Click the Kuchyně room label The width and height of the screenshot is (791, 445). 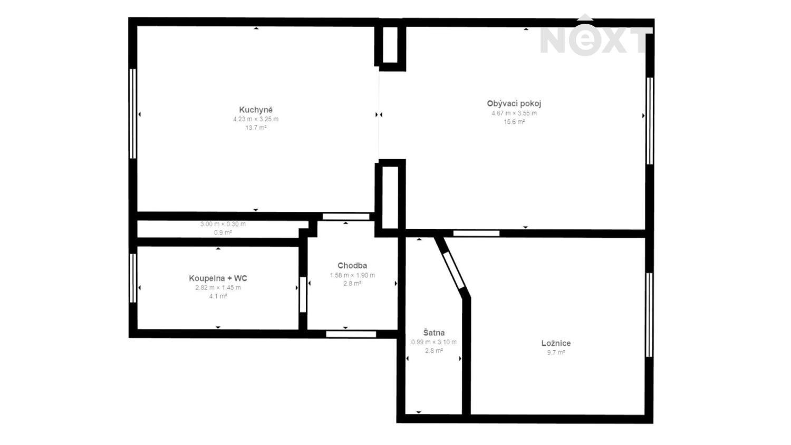(256, 110)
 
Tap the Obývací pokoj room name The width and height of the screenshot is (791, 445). (514, 104)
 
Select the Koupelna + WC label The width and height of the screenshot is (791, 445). (218, 278)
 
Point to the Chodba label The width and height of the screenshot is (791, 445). (352, 266)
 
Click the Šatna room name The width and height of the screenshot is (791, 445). (434, 333)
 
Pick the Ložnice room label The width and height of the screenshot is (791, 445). (556, 343)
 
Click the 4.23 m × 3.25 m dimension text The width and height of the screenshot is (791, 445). (256, 119)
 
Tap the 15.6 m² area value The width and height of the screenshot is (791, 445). (514, 122)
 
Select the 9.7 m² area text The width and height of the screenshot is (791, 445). (556, 352)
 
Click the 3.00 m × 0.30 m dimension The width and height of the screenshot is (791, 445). (223, 224)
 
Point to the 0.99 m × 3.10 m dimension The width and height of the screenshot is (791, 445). (434, 342)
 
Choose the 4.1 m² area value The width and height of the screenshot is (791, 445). (218, 296)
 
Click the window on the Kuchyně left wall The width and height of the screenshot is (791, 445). (133, 113)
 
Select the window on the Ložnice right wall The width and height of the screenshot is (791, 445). (649, 315)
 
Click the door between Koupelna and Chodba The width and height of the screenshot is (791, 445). (303, 295)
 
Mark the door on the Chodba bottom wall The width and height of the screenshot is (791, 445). (351, 334)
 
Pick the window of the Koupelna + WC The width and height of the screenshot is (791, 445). (133, 278)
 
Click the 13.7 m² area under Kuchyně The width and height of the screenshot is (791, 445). (256, 128)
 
